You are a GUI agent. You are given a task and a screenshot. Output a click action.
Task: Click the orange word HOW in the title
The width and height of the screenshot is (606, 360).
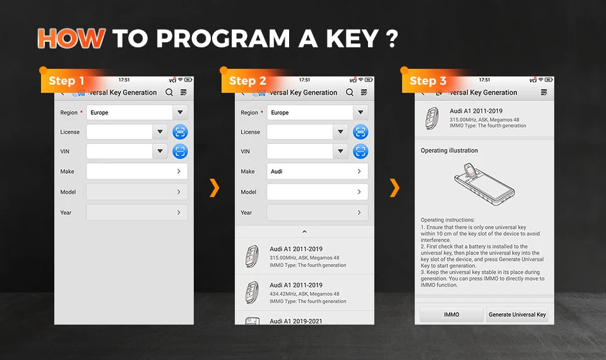pos(71,39)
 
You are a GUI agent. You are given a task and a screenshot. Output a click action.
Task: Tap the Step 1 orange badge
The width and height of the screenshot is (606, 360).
pos(66,81)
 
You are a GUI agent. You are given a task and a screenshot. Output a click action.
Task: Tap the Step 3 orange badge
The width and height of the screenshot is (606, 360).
pos(428,81)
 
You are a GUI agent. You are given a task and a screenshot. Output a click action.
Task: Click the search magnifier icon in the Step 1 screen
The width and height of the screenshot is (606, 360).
pos(169,92)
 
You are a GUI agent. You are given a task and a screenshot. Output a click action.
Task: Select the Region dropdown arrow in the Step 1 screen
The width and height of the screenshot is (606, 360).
pos(180,112)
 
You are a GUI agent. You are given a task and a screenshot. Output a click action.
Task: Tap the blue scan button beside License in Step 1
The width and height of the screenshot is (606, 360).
pos(180,132)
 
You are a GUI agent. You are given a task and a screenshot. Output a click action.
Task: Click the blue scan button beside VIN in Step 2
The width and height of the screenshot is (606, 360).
pos(360,151)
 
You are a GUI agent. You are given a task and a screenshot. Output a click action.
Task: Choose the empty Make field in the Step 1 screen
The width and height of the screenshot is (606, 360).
pos(137,171)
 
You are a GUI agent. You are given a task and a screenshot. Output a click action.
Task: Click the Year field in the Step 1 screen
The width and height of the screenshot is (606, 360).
pos(137,212)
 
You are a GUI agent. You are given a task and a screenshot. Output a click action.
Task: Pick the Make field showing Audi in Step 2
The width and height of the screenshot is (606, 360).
pos(318,171)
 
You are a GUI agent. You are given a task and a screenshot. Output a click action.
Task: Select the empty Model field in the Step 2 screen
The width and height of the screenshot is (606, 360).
pos(318,192)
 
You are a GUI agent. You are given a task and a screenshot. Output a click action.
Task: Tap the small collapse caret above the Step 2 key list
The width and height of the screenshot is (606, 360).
pos(304,232)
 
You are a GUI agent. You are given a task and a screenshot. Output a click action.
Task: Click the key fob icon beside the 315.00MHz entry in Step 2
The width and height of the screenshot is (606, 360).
pos(252,256)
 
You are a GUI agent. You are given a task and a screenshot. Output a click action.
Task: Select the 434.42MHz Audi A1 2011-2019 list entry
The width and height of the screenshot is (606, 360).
pos(304,292)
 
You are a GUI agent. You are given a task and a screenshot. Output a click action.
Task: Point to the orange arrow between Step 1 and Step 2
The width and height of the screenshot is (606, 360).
pos(215,188)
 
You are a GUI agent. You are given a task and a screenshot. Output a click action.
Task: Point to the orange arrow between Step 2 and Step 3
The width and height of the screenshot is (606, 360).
pos(395,188)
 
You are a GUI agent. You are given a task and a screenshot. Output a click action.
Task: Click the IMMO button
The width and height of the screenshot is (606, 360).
pos(451,315)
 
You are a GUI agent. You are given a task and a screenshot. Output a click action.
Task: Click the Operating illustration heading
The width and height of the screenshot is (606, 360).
pos(449,150)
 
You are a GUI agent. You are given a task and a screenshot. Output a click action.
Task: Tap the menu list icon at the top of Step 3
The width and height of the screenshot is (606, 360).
pos(544,92)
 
